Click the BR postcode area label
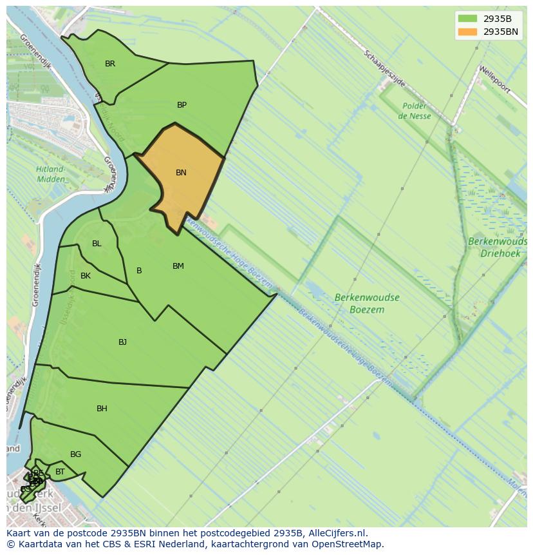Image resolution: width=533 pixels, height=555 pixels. coord(110,64)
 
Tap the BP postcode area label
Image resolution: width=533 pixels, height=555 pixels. coord(182,105)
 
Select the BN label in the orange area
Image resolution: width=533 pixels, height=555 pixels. coord(181,173)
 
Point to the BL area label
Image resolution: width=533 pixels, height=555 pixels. coord(97,244)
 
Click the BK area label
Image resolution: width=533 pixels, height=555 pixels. coord(86,276)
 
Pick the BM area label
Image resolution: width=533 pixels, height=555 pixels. coord(178,266)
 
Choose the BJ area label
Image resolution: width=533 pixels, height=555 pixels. coord(122,342)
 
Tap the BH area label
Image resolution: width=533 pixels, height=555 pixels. coord(102,409)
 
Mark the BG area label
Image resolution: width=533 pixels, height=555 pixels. coord(75,454)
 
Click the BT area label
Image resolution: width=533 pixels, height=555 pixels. coord(60,472)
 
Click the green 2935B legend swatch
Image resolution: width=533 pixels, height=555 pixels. coord(468,19)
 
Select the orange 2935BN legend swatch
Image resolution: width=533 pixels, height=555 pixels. coord(468,32)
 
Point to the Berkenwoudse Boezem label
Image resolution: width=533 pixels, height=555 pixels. coord(367,304)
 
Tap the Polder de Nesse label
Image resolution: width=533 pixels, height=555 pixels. coord(415,111)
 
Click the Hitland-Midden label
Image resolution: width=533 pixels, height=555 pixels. coord(50,174)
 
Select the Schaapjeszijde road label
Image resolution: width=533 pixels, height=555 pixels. coord(384,69)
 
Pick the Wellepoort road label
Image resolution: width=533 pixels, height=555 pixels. coord(494,79)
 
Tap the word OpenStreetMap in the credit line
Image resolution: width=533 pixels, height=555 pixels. coord(350,544)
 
